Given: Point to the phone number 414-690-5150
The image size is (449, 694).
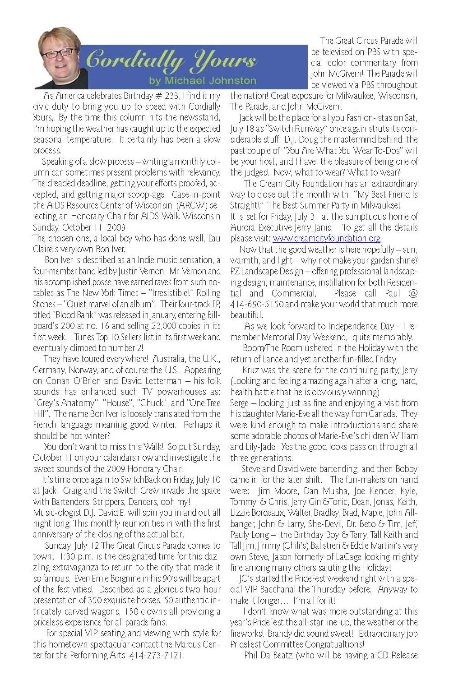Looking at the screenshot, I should [257, 304].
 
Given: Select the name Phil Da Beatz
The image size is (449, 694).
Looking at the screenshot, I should [268, 655].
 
